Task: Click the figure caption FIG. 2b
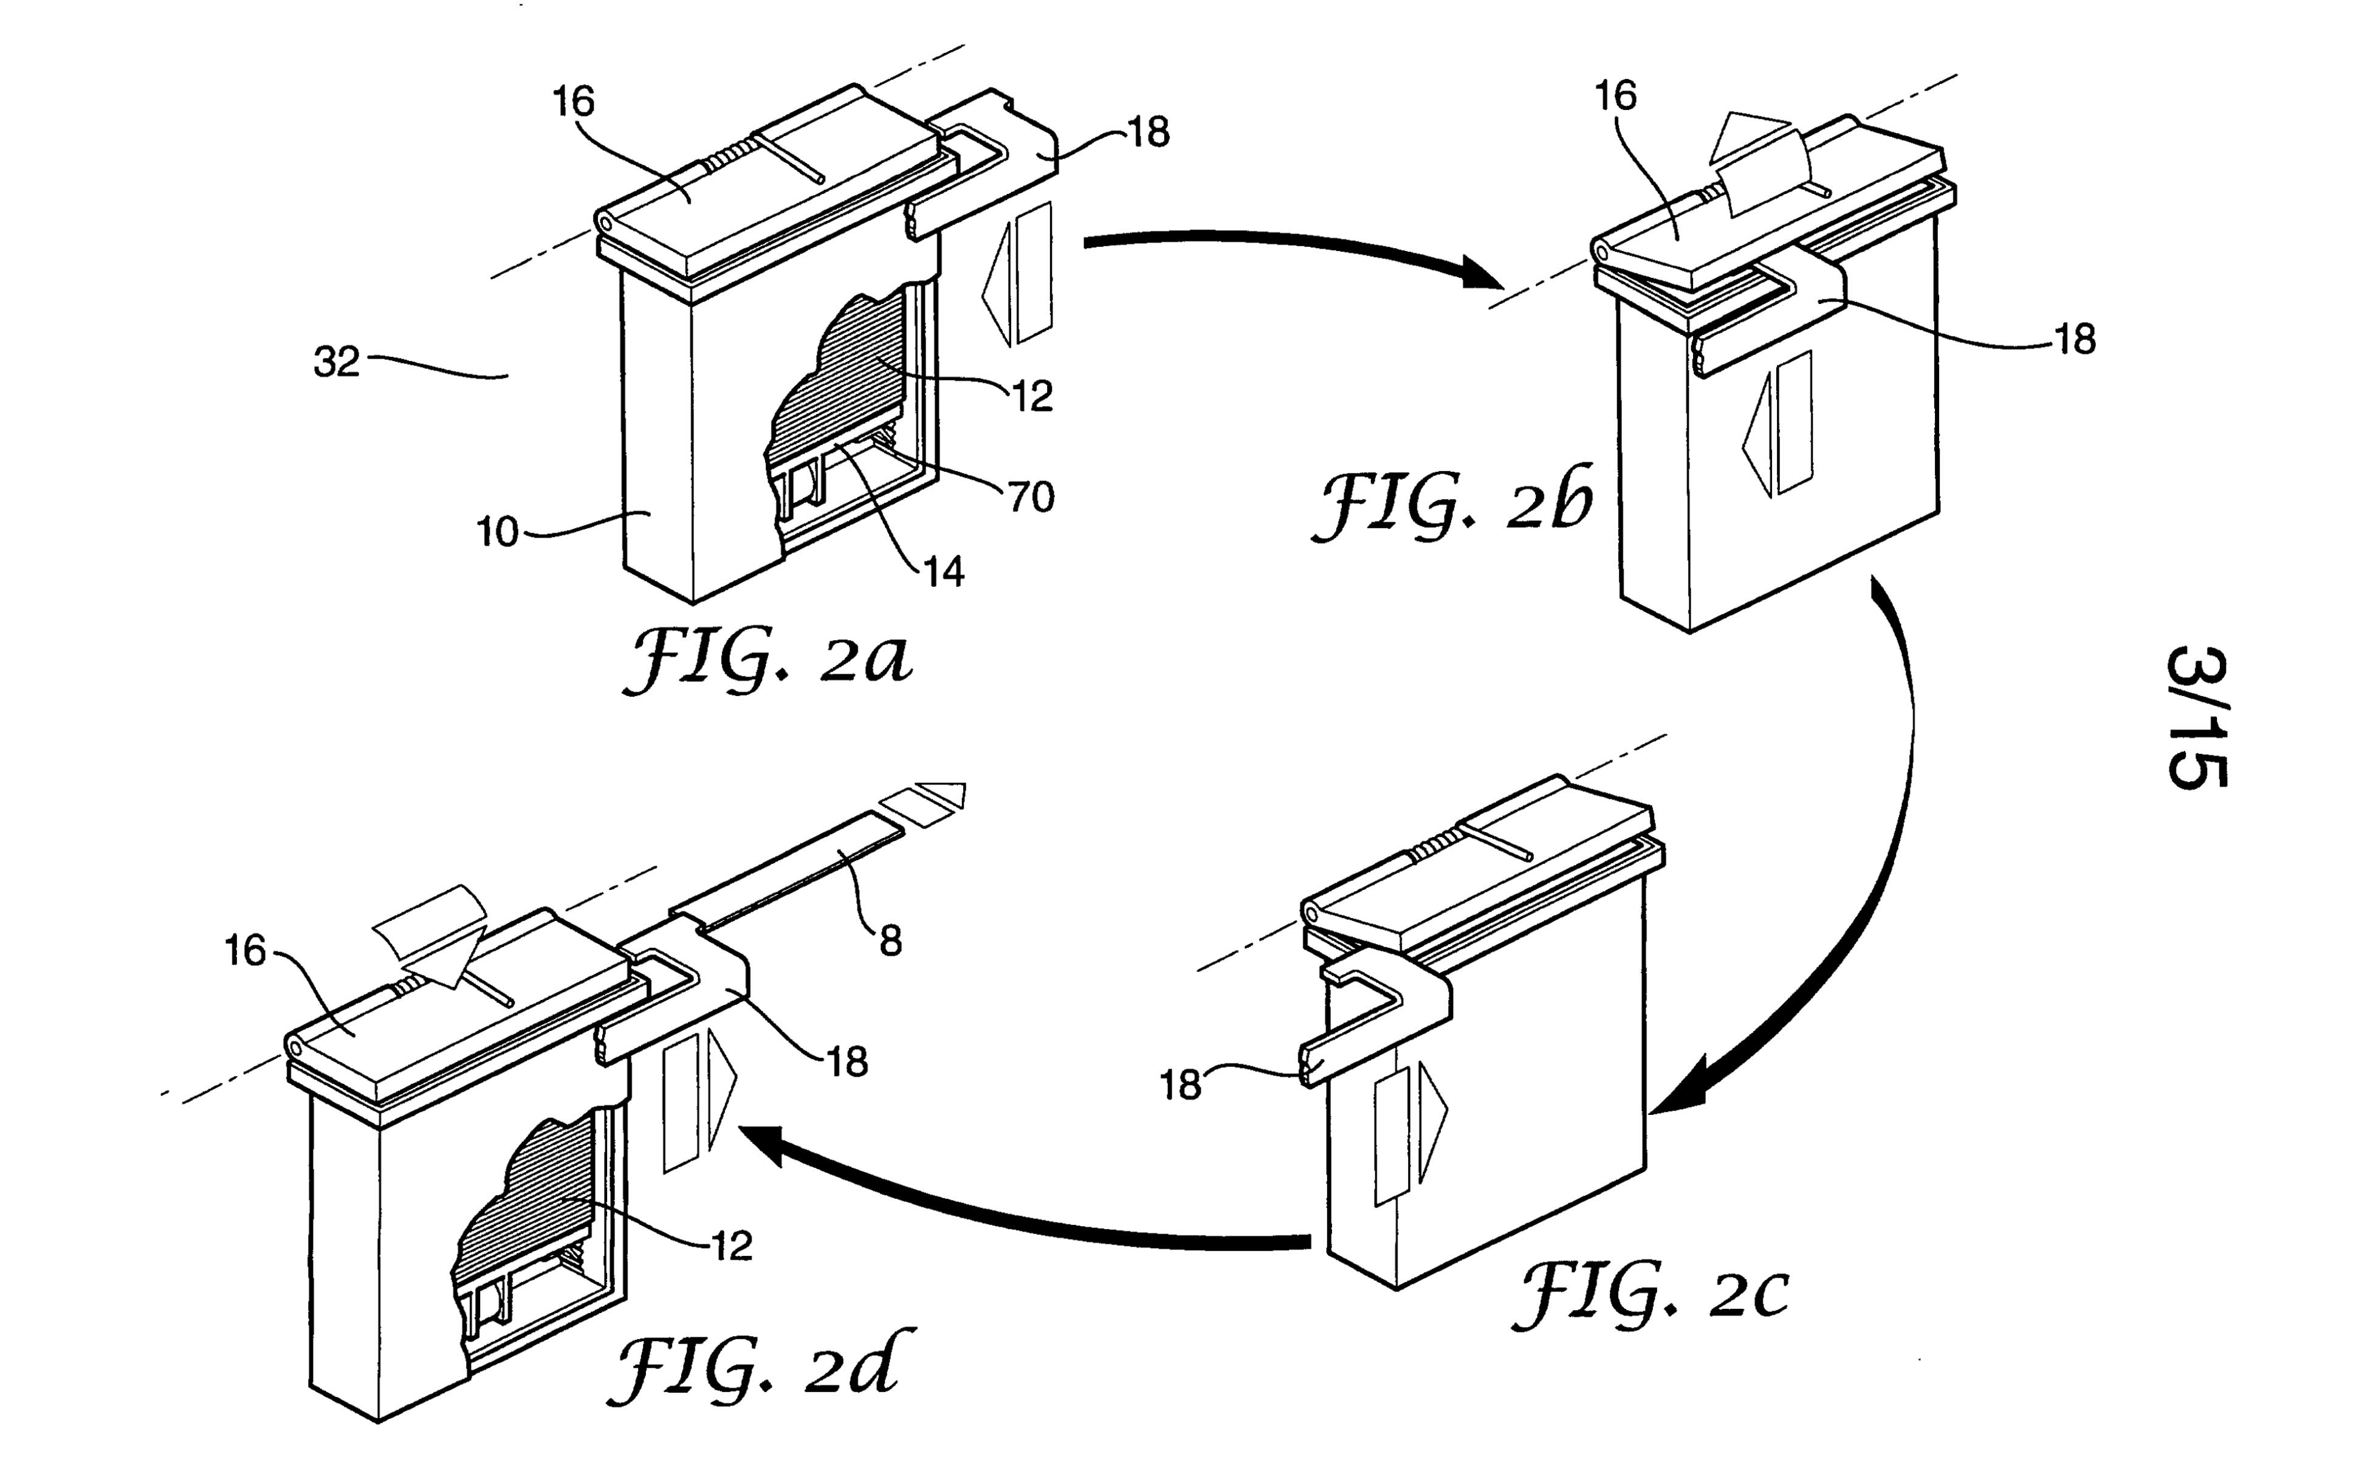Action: pyautogui.click(x=1452, y=504)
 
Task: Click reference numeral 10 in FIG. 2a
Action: pyautogui.click(x=498, y=533)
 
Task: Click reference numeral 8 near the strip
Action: pyautogui.click(x=890, y=941)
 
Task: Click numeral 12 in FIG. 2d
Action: pyautogui.click(x=731, y=1247)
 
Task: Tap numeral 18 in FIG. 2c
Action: pyautogui.click(x=1180, y=1086)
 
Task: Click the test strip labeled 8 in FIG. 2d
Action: pyautogui.click(x=791, y=869)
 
